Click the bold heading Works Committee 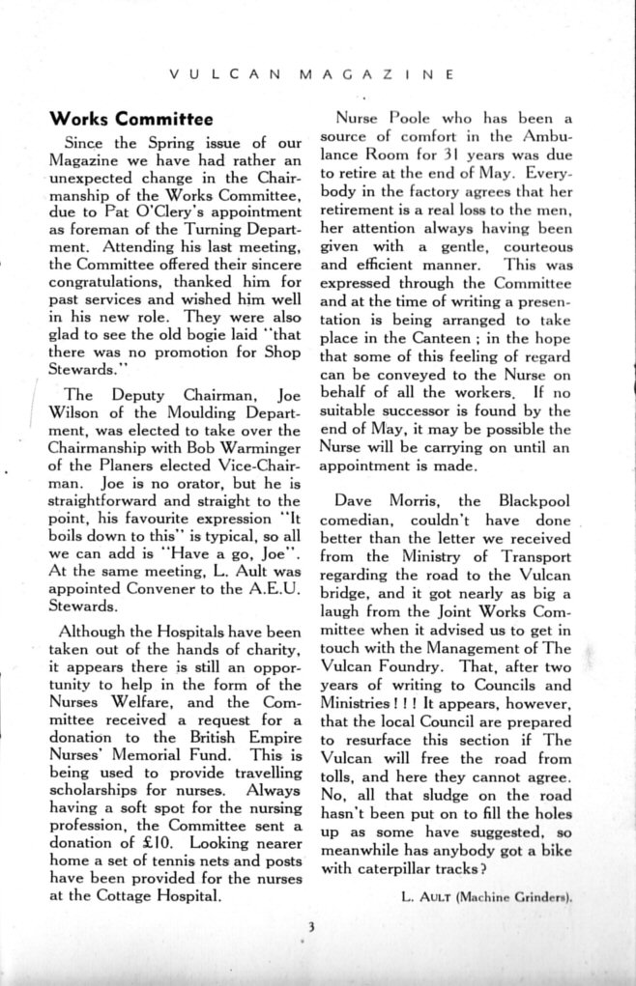130,120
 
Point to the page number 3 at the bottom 311,929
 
